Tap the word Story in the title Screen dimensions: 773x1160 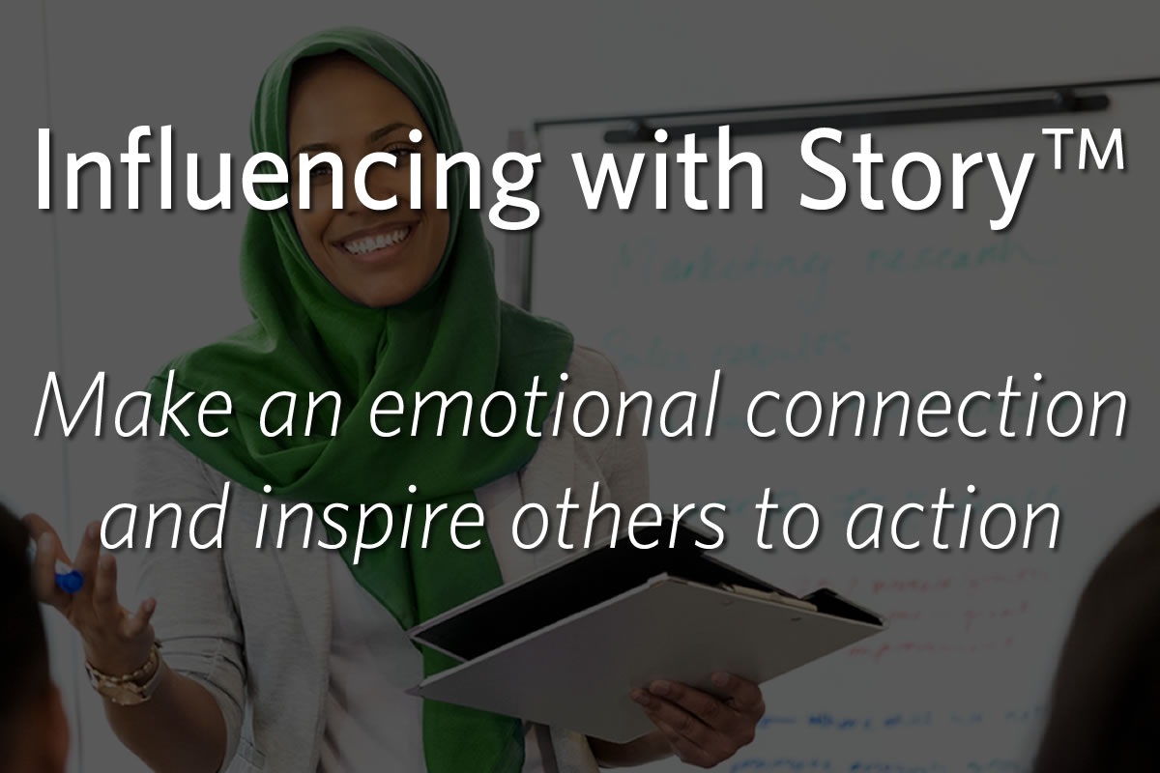(908, 174)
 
